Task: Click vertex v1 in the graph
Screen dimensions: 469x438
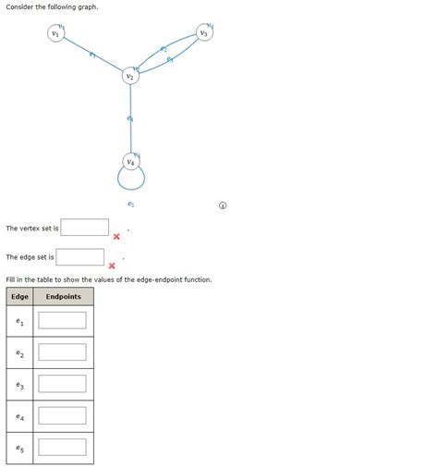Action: (x=57, y=34)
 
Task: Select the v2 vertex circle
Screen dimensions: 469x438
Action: (x=131, y=78)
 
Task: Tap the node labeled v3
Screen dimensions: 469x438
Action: (x=203, y=34)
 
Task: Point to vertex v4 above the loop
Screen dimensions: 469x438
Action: (x=131, y=163)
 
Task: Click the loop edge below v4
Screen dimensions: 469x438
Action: (x=131, y=185)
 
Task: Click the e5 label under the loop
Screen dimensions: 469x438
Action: (x=131, y=204)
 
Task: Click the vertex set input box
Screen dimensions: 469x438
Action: (x=85, y=228)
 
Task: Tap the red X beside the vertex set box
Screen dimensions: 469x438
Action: (x=116, y=237)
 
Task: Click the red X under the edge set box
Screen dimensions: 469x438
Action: (x=111, y=266)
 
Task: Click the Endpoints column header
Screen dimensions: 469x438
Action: (x=63, y=297)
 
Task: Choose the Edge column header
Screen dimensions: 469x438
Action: (x=18, y=297)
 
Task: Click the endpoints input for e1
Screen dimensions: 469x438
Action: (x=62, y=321)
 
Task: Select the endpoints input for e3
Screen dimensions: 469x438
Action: (x=62, y=384)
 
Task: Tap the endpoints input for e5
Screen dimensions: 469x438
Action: (x=62, y=447)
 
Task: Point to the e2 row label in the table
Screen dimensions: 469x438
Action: (x=18, y=352)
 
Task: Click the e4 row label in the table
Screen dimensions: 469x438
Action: (x=18, y=416)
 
